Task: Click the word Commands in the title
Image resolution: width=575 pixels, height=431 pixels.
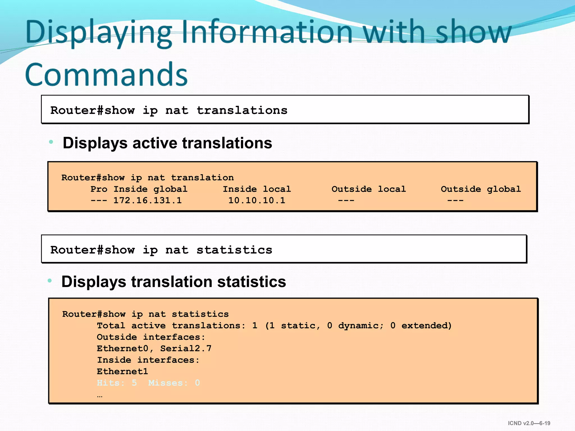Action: point(106,74)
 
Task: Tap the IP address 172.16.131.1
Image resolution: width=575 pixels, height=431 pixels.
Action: point(148,200)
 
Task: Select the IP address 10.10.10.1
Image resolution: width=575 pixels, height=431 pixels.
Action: point(257,200)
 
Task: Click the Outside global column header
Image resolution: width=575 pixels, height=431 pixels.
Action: point(481,189)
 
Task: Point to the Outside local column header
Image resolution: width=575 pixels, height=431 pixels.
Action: point(369,189)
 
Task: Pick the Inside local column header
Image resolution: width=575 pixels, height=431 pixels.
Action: point(257,189)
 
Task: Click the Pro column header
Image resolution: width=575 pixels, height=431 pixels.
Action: point(99,189)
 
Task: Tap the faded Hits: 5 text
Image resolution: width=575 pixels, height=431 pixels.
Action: point(117,383)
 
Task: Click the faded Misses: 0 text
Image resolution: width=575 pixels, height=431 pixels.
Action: point(174,383)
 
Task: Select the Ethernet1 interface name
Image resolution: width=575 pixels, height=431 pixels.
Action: point(122,372)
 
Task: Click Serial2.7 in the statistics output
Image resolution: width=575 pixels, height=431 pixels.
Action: point(186,349)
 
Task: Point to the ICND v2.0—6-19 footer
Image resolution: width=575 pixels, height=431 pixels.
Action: point(529,423)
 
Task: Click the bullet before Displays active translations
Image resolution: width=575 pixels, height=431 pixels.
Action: point(51,142)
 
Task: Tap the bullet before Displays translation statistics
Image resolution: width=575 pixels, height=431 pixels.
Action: point(50,281)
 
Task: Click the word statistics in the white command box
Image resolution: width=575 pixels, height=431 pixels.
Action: point(234,250)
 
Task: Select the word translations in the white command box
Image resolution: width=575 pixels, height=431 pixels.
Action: point(242,111)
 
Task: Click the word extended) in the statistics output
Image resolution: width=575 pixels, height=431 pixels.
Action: point(426,325)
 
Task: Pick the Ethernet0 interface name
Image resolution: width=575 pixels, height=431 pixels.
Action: point(122,349)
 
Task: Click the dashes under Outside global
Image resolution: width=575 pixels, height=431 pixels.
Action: point(455,200)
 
